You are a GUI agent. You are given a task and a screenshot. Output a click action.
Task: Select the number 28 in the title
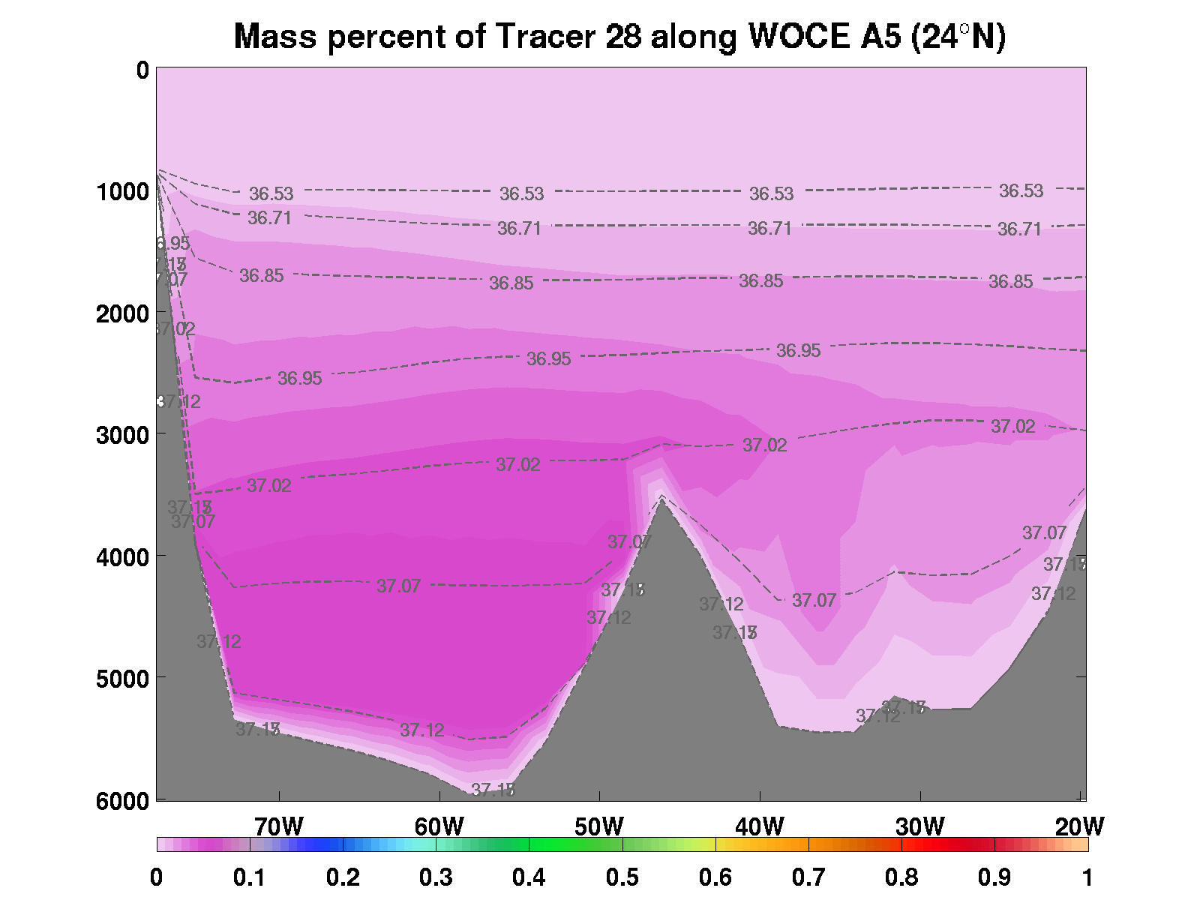[623, 36]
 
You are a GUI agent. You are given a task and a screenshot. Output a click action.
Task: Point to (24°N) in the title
[958, 36]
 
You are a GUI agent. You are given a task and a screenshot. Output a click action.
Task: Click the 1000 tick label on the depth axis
[123, 191]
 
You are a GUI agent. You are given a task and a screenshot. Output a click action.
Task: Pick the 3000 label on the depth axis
[123, 435]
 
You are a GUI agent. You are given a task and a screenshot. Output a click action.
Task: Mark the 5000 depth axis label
[123, 679]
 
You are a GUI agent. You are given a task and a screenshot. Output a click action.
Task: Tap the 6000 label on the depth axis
[123, 800]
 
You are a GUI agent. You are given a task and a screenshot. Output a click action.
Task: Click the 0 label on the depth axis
[142, 70]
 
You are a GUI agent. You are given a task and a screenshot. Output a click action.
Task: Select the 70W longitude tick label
[279, 826]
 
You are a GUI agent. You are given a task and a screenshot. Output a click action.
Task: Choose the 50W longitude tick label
[599, 826]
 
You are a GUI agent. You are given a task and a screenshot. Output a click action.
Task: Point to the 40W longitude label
[760, 826]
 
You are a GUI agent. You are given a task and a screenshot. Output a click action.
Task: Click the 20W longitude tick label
[1079, 826]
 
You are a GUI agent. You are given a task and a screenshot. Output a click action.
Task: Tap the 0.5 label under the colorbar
[622, 877]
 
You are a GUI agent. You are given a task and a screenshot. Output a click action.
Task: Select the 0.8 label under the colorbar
[901, 877]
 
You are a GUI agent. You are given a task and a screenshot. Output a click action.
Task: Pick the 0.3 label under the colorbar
[436, 877]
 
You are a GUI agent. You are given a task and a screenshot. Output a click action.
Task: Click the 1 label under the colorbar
[1087, 877]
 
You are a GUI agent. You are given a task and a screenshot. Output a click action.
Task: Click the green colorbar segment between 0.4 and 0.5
[576, 844]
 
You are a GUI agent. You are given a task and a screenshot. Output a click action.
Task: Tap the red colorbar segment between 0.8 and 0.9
[948, 844]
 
